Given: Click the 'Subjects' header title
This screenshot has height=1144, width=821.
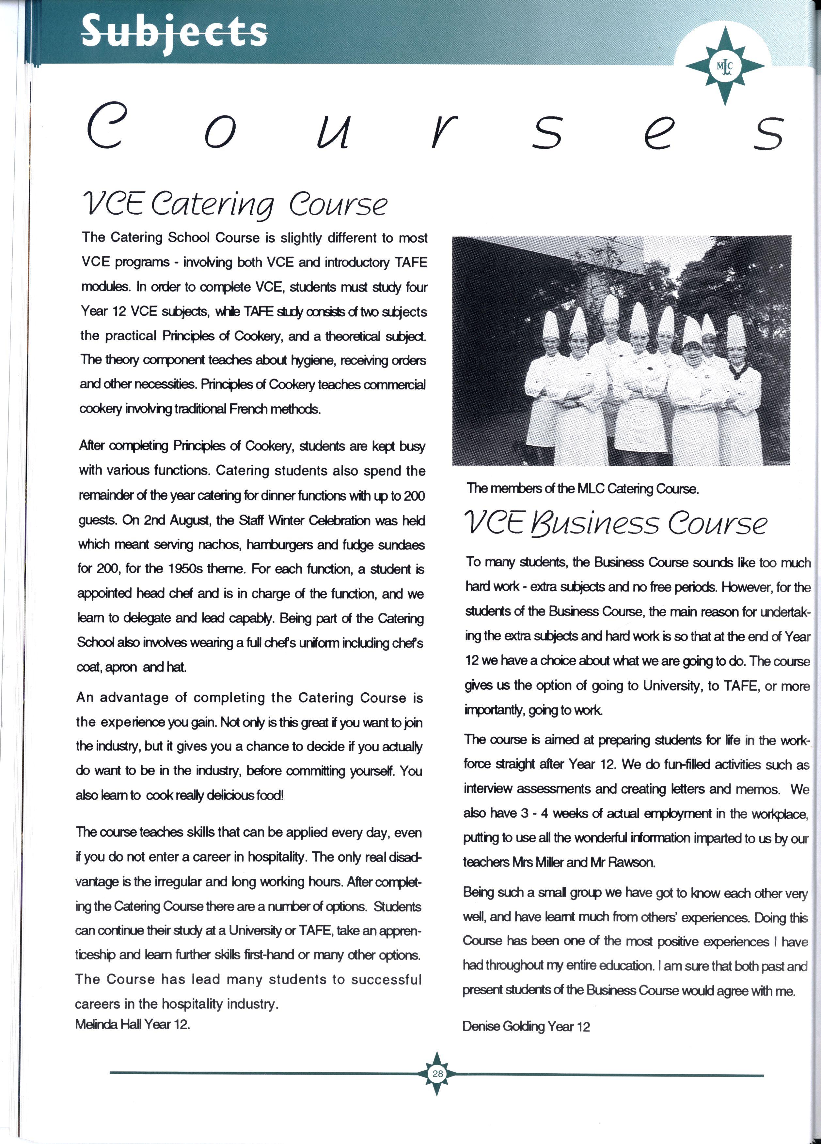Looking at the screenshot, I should point(174,32).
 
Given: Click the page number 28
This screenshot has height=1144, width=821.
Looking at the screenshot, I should point(437,1074).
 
